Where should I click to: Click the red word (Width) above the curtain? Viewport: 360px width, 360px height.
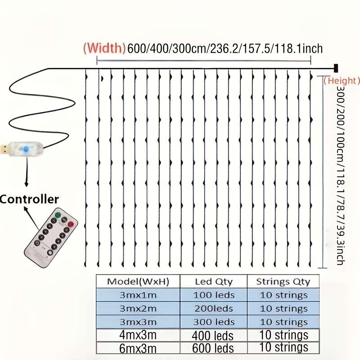click(x=104, y=48)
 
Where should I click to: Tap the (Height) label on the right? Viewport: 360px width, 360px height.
click(x=342, y=81)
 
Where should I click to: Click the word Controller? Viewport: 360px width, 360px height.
click(x=29, y=199)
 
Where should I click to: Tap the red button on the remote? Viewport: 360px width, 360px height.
click(x=71, y=224)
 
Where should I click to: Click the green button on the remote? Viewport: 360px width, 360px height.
click(x=58, y=215)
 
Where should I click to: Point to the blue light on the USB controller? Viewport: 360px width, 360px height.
click(x=25, y=149)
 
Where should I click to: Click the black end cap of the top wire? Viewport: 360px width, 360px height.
click(x=336, y=68)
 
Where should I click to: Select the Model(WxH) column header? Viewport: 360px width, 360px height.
click(x=138, y=282)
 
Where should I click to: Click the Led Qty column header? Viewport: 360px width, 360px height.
click(x=214, y=282)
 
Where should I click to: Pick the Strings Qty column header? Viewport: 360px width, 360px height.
click(x=283, y=282)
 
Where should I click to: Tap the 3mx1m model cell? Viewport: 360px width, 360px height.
click(x=138, y=295)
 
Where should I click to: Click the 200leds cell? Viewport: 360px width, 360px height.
click(x=214, y=309)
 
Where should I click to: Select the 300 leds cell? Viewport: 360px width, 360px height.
click(x=214, y=322)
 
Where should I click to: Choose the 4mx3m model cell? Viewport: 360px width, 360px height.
click(x=138, y=335)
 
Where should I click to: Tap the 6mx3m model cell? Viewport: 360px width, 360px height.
click(x=138, y=348)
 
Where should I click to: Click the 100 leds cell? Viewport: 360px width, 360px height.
click(x=214, y=295)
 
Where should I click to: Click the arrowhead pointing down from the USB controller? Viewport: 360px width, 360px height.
click(x=27, y=184)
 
